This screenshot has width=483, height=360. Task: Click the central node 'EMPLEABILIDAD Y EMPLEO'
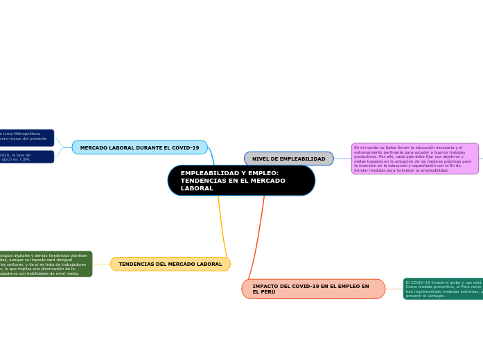241,181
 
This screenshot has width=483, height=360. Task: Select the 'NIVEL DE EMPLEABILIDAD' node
288,159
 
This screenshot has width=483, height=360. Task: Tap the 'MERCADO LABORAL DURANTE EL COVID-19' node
139,147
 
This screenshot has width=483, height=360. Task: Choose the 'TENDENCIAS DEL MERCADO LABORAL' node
170,264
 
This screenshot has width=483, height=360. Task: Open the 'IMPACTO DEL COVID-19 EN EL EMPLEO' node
313,289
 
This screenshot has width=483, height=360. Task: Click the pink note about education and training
414,159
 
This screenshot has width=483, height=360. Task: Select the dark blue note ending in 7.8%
26,156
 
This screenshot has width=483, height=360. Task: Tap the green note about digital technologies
46,264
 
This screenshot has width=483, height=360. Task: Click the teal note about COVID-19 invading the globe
443,289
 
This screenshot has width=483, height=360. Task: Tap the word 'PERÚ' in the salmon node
264,292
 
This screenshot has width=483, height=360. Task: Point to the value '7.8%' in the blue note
25,159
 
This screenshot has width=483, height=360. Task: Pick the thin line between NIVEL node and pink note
342,159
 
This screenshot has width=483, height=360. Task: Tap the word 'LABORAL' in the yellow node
209,264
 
